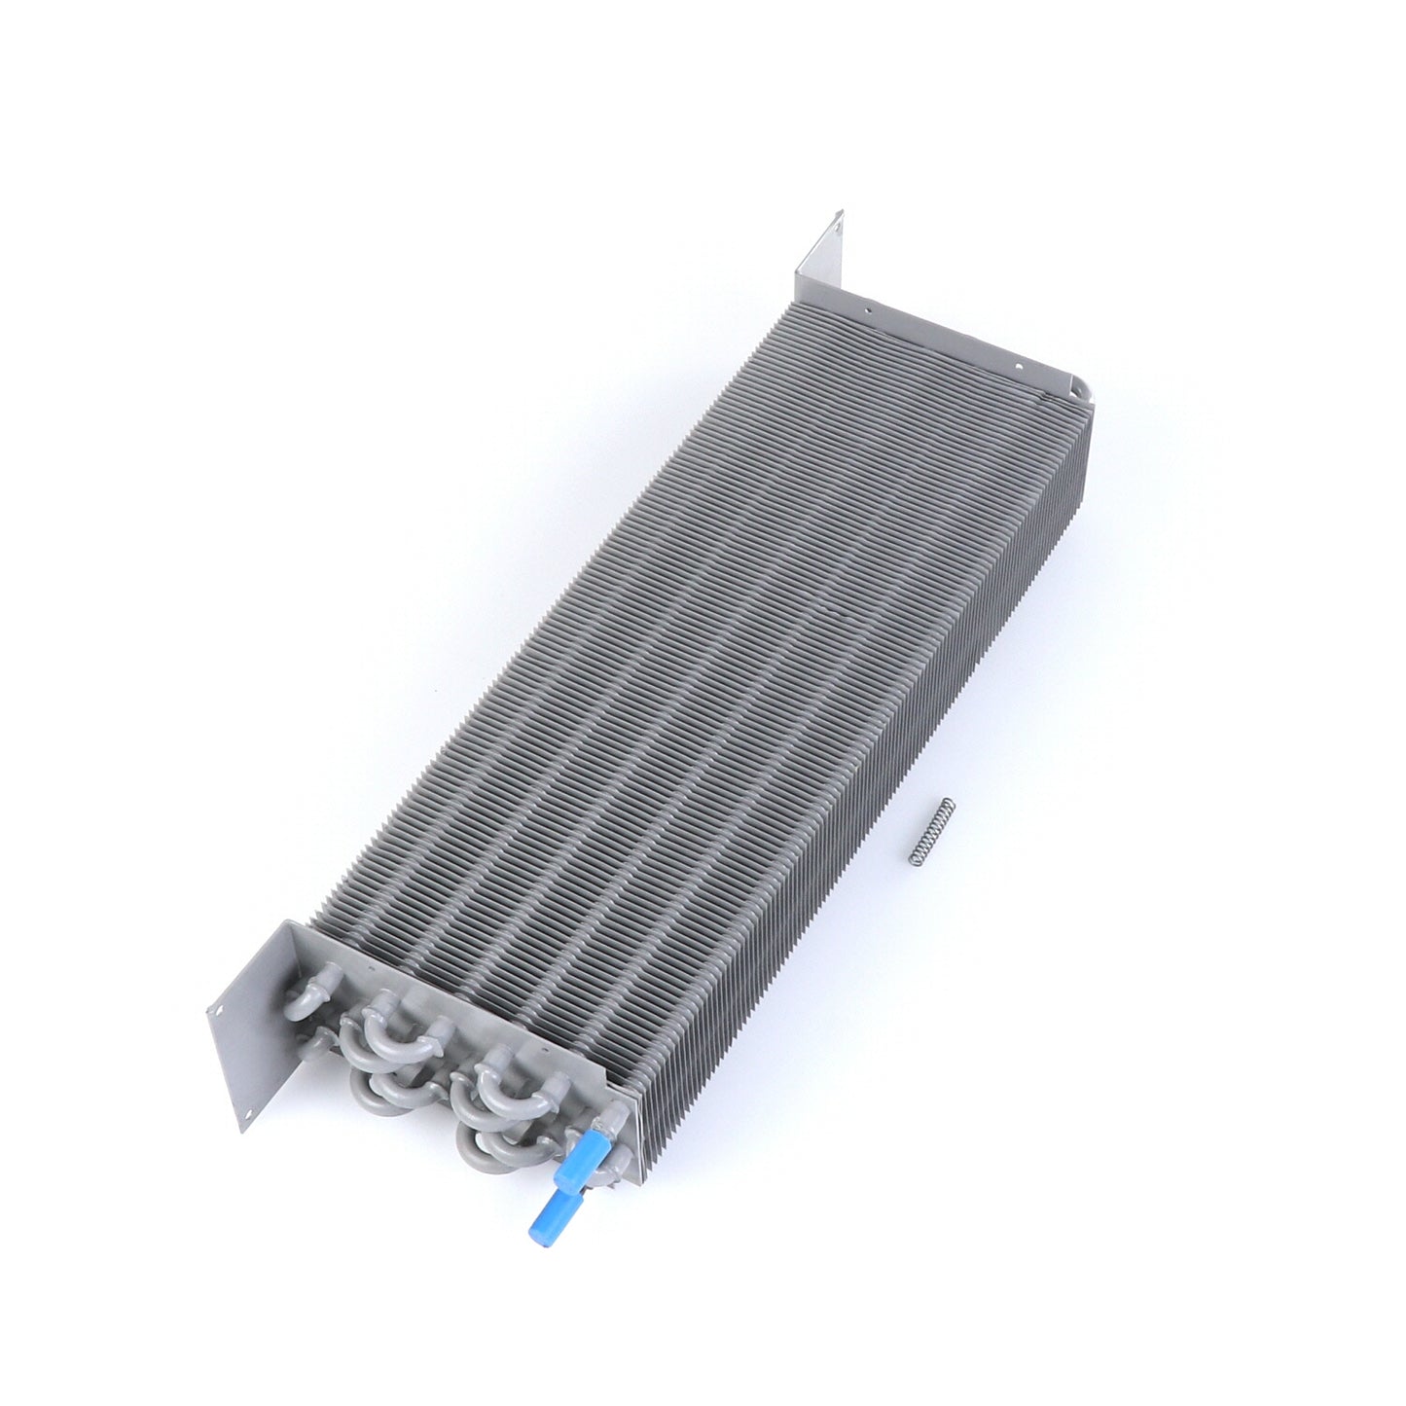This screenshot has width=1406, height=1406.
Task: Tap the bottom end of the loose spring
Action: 912,858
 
